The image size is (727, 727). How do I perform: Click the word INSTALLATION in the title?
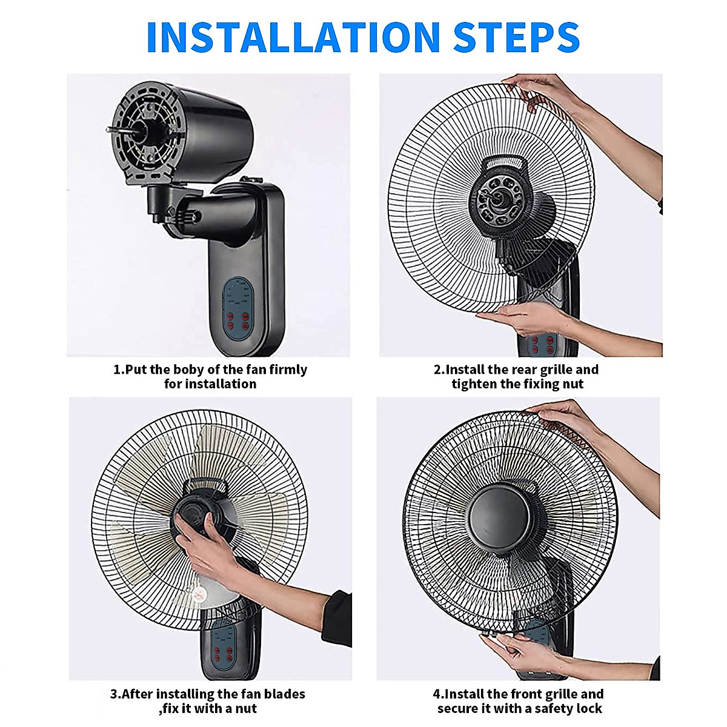point(293,38)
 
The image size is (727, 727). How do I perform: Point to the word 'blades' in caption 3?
point(285,694)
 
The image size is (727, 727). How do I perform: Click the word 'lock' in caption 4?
point(589,709)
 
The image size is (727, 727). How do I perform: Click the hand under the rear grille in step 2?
point(515,317)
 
